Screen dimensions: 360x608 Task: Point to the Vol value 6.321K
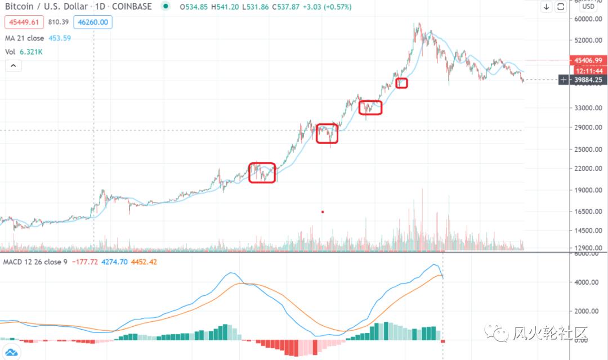coord(31,52)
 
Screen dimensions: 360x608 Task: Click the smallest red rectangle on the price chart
coord(401,83)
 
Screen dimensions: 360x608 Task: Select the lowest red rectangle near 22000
coord(262,173)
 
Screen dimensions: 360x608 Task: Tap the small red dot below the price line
coord(323,212)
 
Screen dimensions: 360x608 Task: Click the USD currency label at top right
coord(589,7)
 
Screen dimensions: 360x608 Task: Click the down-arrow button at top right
coord(547,7)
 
